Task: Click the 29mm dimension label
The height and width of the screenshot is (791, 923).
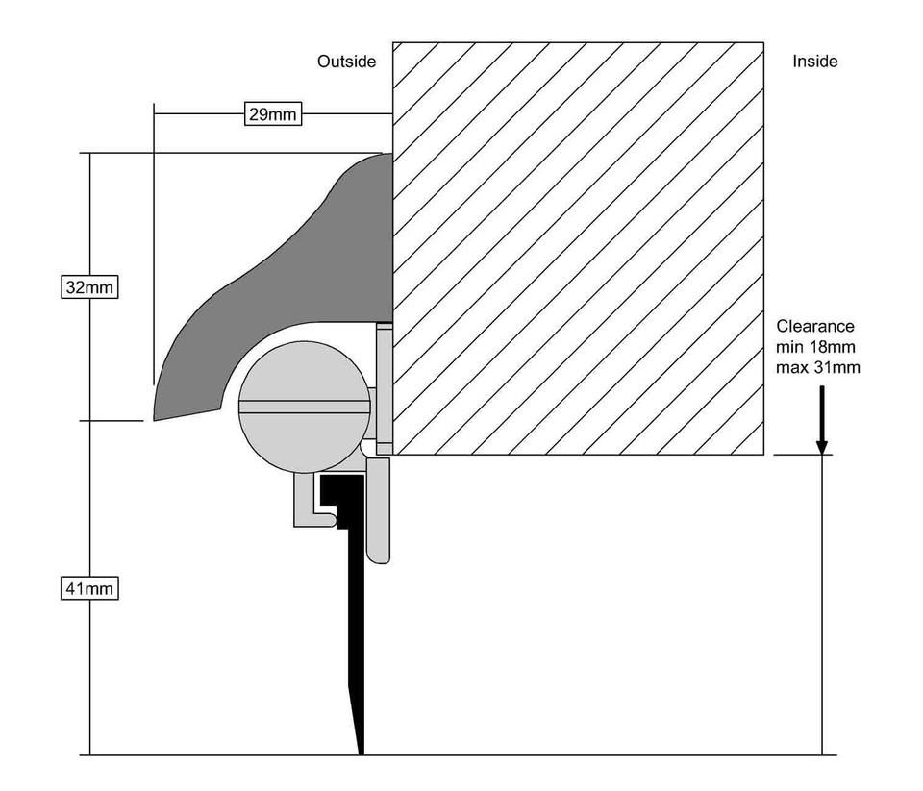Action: point(273,115)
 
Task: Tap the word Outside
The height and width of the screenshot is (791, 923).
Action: point(346,62)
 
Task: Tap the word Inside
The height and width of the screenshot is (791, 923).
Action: point(814,62)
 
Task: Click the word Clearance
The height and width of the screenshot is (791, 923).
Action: point(814,327)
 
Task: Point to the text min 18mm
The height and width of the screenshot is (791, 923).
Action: point(816,347)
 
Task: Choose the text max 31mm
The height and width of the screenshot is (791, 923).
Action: point(818,367)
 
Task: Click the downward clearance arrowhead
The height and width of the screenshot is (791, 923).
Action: point(822,444)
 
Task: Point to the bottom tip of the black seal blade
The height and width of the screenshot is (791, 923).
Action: point(362,752)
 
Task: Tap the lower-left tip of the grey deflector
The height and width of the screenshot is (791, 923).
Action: point(154,418)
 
